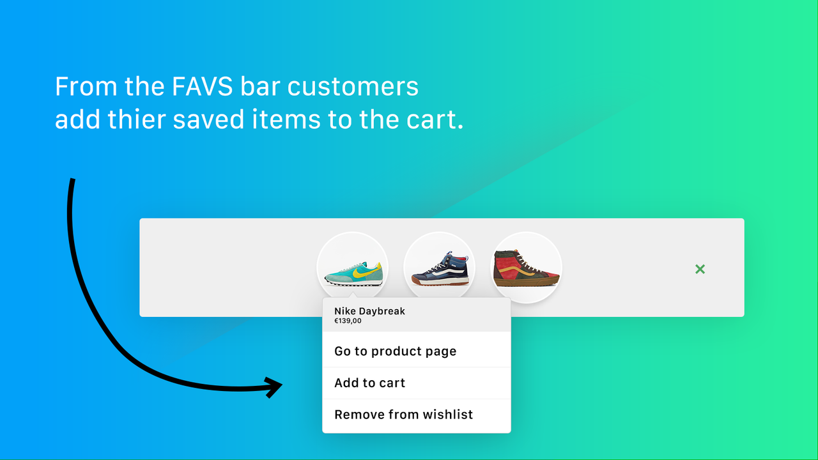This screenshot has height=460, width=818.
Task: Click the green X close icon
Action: coord(700,269)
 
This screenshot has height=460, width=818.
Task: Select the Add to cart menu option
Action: coord(369,383)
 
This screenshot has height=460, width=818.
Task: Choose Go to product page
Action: coord(395,351)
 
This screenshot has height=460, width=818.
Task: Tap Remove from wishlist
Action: coord(403,414)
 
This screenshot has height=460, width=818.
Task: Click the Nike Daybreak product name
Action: coord(369,311)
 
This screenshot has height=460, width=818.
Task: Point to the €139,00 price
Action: coord(348,321)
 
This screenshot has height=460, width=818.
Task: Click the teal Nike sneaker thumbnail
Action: coord(353,268)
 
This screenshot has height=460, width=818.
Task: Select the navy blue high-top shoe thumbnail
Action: coord(440,268)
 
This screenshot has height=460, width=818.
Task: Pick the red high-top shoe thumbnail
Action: coord(527,268)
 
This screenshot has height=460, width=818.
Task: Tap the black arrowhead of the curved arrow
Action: coord(275,387)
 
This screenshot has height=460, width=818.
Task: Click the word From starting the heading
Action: coord(82,87)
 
